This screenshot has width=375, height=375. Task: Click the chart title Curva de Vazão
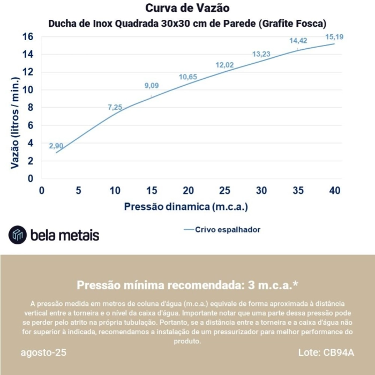tap(187, 8)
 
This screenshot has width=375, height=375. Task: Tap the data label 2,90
tap(56, 146)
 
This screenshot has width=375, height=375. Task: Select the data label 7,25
tap(115, 107)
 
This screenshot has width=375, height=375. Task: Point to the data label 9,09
tap(152, 86)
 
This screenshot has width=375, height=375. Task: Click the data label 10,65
tap(188, 77)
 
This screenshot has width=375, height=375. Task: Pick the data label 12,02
tap(225, 65)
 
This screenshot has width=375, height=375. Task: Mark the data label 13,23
tap(261, 54)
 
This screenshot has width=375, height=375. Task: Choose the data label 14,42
tap(298, 41)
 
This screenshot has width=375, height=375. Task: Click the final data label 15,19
tap(334, 36)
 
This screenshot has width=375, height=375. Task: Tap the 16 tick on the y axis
tap(28, 36)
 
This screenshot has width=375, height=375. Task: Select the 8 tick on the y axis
tap(31, 107)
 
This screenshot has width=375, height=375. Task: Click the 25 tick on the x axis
tap(224, 190)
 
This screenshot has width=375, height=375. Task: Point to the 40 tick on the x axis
tap(335, 190)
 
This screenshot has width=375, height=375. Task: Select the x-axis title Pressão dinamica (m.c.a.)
tap(186, 206)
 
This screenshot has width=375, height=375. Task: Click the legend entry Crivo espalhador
tap(227, 229)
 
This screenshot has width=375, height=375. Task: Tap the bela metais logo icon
tap(18, 235)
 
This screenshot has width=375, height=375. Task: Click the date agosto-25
tap(44, 352)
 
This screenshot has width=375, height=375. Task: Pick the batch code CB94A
tap(339, 352)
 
